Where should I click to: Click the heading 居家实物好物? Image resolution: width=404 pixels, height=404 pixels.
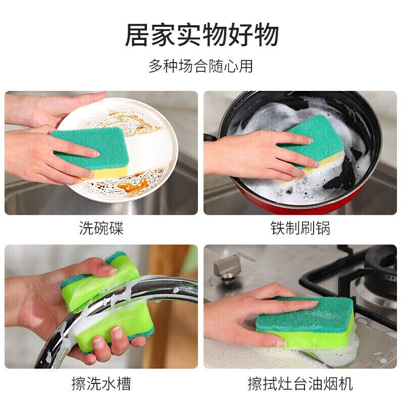202,35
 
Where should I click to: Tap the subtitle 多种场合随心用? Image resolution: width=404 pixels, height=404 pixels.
200,66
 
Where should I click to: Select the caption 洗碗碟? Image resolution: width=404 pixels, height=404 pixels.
102,228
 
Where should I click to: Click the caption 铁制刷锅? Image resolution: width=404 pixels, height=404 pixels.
300,228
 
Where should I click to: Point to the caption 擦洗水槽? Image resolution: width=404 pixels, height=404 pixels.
102,384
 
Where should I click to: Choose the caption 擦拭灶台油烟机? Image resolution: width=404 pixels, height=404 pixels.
300,384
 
